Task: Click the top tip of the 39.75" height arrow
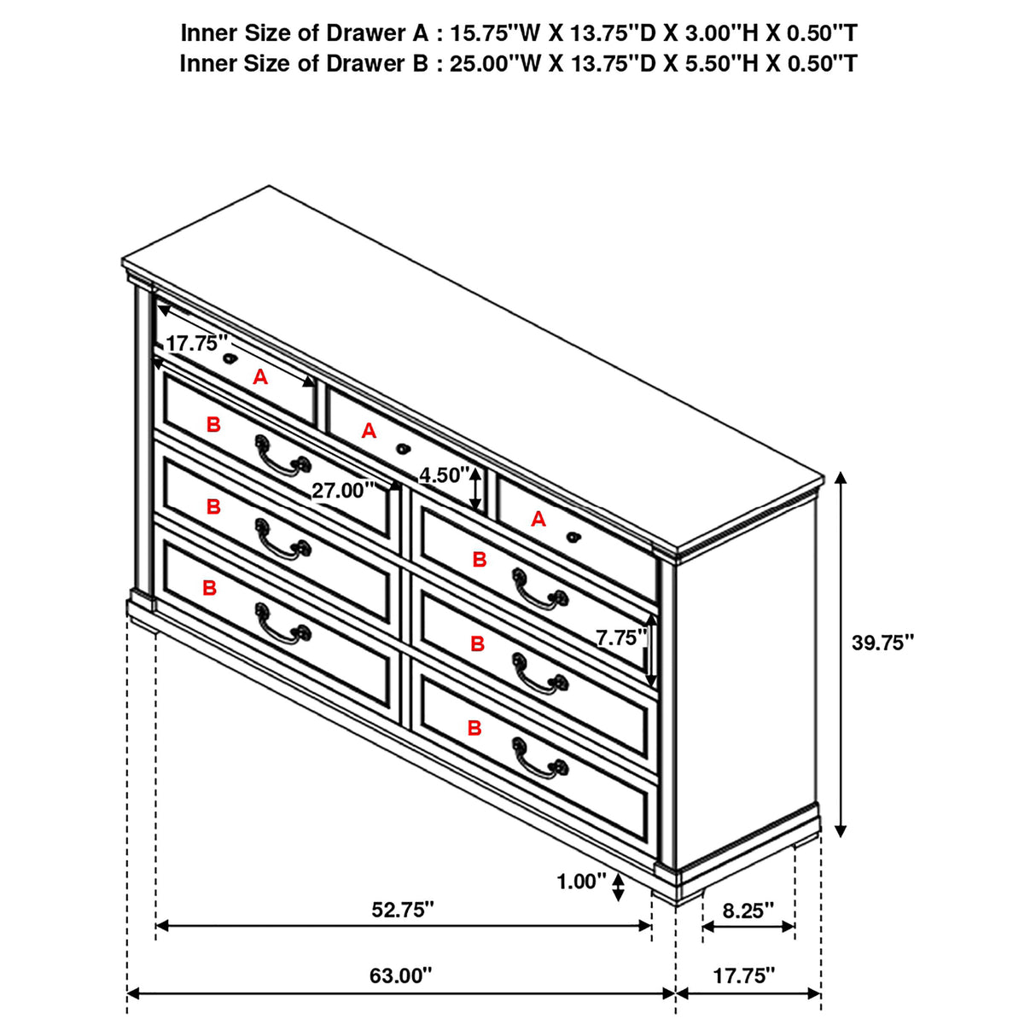tap(841, 472)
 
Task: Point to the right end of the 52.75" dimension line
tap(652, 925)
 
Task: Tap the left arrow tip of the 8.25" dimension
tap(702, 926)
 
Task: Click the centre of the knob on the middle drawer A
tap(402, 448)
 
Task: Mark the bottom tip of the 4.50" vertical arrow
tap(474, 509)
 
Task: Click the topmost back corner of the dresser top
tap(269, 187)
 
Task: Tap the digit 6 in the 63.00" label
tap(375, 975)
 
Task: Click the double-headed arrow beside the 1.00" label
tap(618, 887)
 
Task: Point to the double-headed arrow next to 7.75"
tap(651, 651)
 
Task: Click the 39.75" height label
tap(882, 642)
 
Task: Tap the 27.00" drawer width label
tap(343, 491)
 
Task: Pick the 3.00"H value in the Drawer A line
tap(721, 33)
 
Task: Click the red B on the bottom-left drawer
tap(210, 588)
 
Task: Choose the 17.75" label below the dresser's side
tap(744, 975)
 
